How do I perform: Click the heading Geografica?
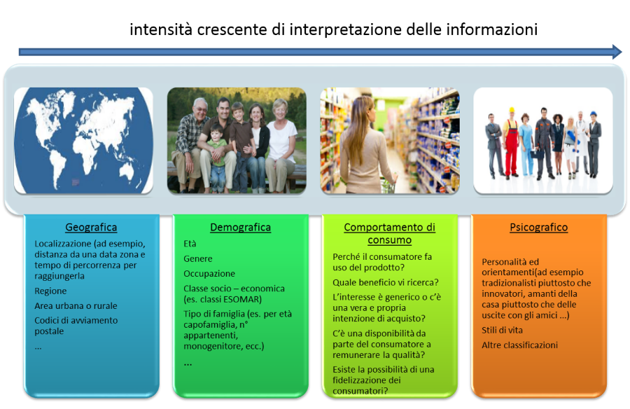tap(91, 227)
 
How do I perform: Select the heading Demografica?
tap(240, 227)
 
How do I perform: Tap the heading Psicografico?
tap(539, 227)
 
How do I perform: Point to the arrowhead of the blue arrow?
tap(617, 52)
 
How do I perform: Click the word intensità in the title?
tap(160, 29)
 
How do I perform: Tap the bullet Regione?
tap(50, 291)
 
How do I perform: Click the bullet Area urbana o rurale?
tap(76, 305)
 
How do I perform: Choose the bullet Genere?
tap(198, 258)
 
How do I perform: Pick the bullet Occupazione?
tap(209, 273)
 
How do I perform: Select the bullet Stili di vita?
tap(502, 330)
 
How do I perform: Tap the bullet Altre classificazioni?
tap(520, 345)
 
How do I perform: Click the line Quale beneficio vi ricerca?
tap(385, 282)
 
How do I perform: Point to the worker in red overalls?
tap(511, 143)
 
